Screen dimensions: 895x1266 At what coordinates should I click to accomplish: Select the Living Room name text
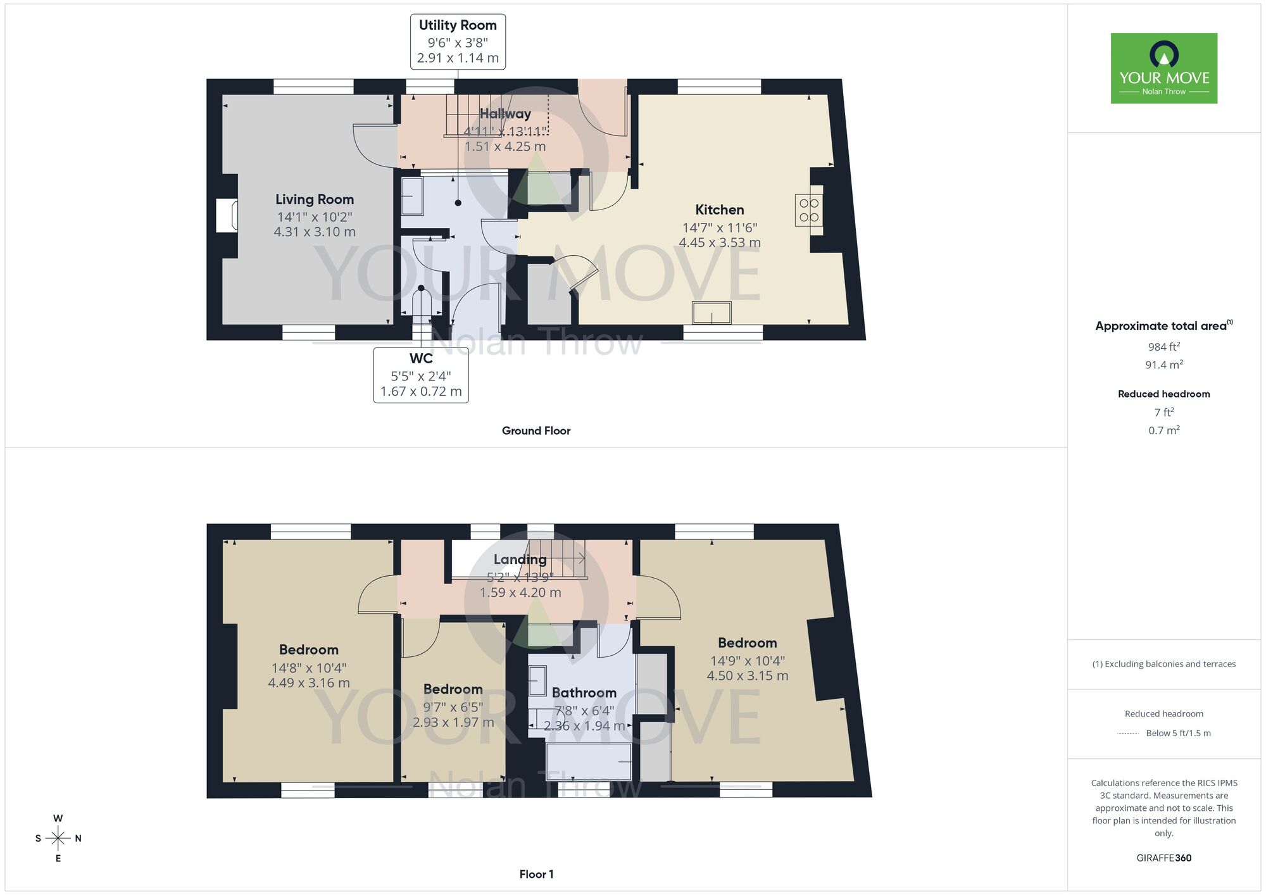(314, 199)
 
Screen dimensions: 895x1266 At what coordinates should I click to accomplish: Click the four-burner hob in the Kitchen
(808, 210)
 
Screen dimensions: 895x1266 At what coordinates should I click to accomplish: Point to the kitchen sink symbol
(711, 313)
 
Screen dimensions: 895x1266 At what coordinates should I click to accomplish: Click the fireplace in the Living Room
(227, 216)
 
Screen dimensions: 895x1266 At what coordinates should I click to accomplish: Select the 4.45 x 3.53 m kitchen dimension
(719, 242)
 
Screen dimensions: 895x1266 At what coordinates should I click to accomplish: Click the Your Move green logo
(1163, 68)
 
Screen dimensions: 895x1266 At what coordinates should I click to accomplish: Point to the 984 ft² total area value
(1163, 347)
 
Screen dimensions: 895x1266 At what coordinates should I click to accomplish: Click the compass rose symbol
(58, 839)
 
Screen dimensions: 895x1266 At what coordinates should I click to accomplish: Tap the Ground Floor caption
(536, 431)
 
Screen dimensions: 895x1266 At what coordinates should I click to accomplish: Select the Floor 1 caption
(536, 874)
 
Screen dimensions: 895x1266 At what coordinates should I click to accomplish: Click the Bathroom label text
(584, 693)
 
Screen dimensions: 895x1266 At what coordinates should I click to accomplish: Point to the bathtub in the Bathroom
(588, 761)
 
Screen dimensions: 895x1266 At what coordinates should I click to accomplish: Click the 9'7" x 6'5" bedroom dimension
(453, 707)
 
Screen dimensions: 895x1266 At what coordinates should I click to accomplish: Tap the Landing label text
(520, 560)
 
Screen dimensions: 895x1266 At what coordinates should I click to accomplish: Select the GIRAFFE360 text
(1163, 858)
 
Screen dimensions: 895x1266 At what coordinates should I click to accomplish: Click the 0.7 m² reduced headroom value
(1163, 430)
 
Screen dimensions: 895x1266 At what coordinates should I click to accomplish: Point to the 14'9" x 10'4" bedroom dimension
(747, 661)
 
